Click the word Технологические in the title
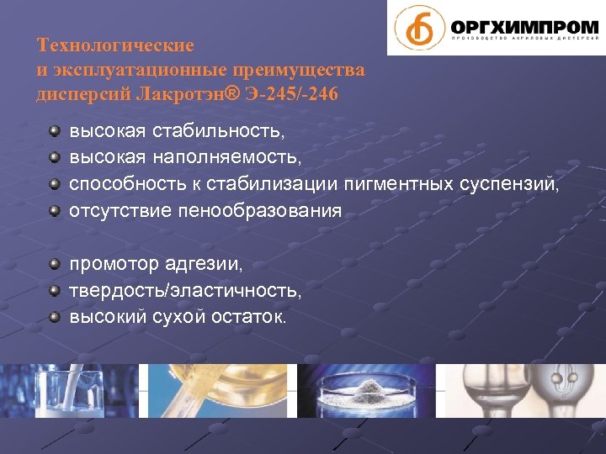115,45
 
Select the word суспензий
511,183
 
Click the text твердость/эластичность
184,291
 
